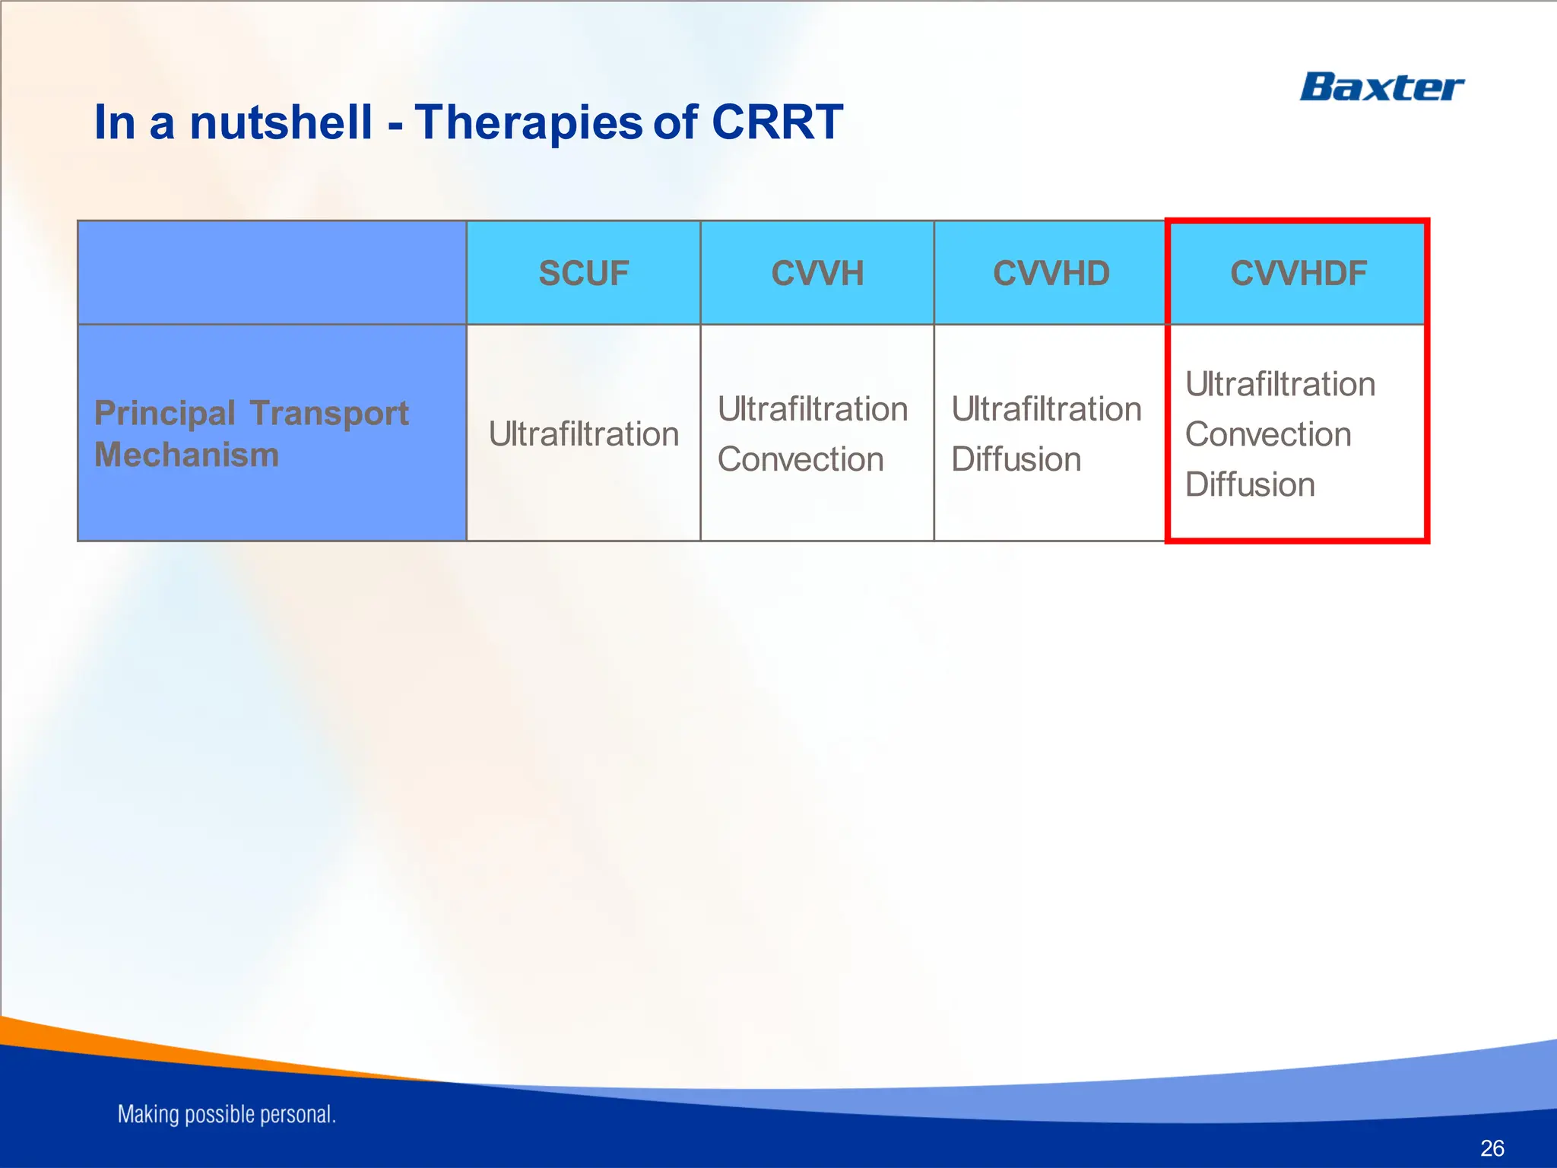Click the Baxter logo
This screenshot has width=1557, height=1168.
[x=1381, y=87]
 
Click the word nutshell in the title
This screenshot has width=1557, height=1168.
[x=281, y=122]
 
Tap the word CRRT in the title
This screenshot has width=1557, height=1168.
[x=776, y=122]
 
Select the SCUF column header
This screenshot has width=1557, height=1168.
[x=583, y=273]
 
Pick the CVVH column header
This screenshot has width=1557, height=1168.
[x=817, y=273]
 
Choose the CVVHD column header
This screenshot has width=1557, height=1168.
[x=1051, y=273]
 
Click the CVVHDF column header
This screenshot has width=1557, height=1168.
[x=1298, y=273]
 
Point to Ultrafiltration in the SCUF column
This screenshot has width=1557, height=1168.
[x=583, y=434]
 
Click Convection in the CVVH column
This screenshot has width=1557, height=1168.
[x=800, y=459]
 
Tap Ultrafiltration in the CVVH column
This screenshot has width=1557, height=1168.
[x=812, y=409]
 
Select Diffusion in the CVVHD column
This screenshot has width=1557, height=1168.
[x=1016, y=459]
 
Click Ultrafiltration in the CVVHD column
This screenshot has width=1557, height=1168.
[x=1046, y=409]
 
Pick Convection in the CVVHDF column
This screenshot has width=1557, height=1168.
[x=1267, y=434]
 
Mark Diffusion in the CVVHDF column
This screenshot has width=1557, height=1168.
[x=1249, y=484]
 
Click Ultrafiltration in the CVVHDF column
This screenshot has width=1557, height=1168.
[x=1280, y=384]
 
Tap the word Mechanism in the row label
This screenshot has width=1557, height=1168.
[x=186, y=455]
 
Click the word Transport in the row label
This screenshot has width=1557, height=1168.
[x=328, y=413]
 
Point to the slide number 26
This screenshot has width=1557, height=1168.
[x=1492, y=1147]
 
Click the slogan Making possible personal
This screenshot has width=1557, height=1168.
[x=226, y=1114]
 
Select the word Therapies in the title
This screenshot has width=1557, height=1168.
[x=528, y=122]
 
